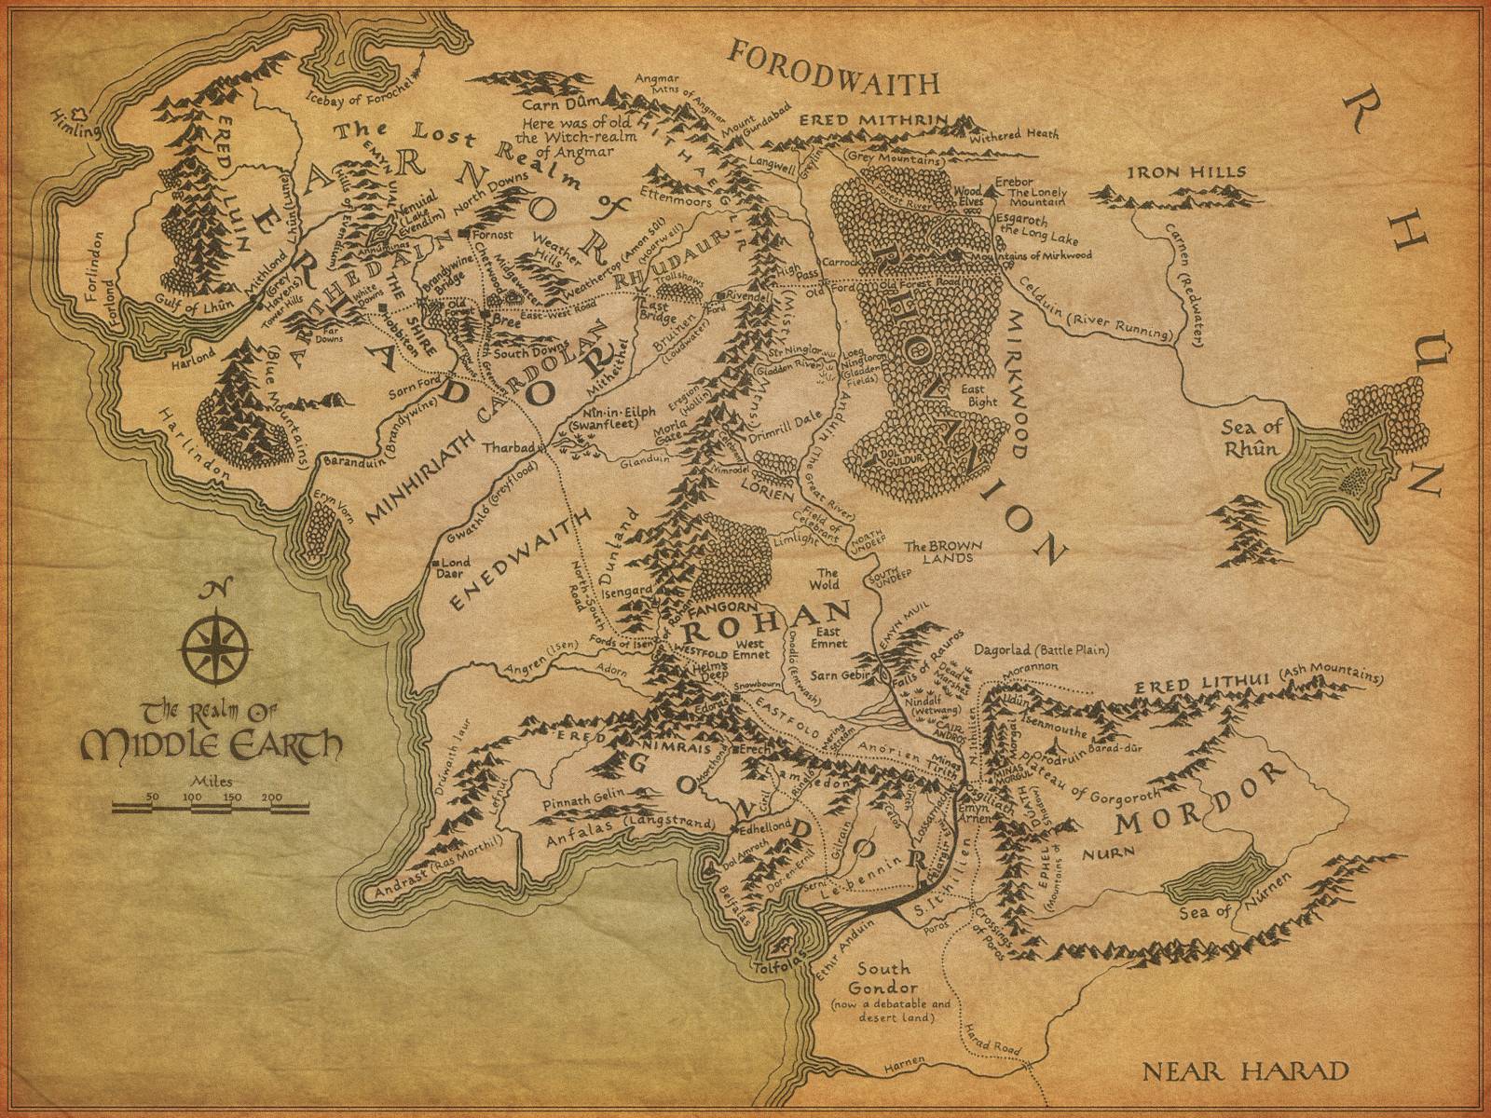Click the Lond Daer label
point(457,568)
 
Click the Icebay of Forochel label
point(359,94)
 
